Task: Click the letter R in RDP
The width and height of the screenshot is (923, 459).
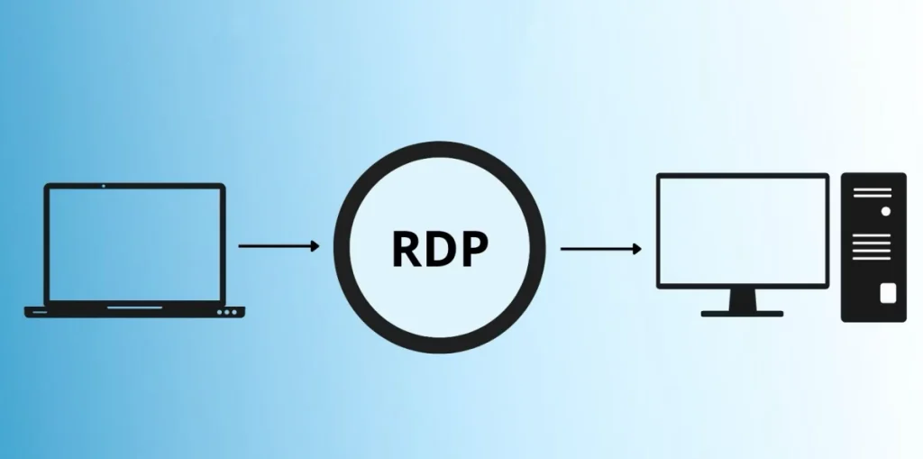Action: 407,249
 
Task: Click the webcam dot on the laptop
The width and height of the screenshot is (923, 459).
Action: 104,186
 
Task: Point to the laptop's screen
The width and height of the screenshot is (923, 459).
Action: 135,244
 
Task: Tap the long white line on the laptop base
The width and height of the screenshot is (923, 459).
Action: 135,308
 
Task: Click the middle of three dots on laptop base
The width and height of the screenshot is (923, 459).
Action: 227,312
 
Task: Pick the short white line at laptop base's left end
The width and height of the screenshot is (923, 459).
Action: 40,312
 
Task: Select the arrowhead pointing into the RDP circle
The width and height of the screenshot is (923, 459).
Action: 315,245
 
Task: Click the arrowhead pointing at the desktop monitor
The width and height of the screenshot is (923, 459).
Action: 637,249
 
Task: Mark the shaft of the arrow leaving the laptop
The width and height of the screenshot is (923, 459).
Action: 274,245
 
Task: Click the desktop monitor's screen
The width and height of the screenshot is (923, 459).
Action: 743,230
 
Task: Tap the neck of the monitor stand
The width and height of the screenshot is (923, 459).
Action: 743,300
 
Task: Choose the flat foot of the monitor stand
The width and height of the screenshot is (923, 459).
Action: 743,314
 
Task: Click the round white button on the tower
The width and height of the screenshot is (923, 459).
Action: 885,212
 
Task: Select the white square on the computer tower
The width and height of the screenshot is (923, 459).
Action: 888,293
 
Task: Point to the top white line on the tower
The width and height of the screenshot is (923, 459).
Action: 873,189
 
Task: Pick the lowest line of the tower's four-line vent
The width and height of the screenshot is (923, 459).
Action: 872,258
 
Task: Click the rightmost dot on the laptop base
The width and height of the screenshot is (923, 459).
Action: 234,312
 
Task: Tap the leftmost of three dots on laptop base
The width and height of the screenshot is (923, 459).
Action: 220,312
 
